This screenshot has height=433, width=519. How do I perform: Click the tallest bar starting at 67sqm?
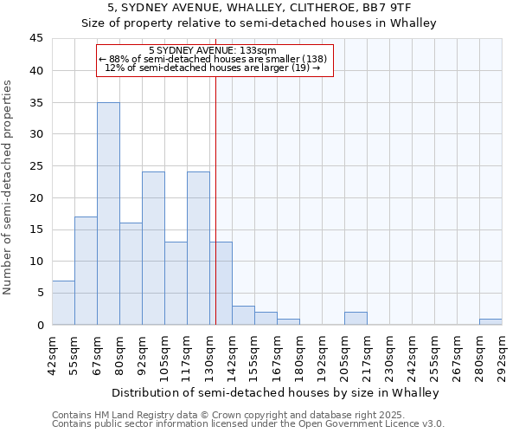(x=108, y=214)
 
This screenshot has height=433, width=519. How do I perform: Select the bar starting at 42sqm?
(x=63, y=303)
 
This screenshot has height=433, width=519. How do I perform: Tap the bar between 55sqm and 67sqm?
(x=86, y=271)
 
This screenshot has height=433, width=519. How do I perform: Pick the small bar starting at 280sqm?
(x=490, y=321)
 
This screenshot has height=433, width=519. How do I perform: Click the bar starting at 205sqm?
(x=356, y=319)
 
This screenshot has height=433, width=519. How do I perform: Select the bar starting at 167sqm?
(x=288, y=321)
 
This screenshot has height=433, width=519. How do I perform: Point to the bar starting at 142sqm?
(x=243, y=315)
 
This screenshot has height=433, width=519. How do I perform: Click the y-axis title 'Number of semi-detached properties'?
(x=9, y=187)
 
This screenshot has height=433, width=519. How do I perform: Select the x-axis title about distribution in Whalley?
(x=277, y=392)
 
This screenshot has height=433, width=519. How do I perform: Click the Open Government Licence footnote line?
(x=248, y=424)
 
